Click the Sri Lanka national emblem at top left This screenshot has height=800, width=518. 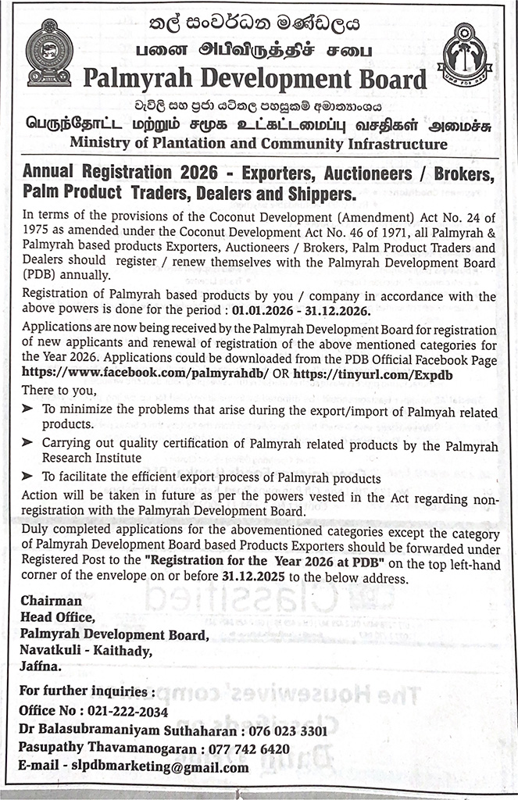click(49, 52)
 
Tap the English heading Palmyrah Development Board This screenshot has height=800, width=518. click(255, 79)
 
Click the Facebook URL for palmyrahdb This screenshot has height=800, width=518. click(145, 373)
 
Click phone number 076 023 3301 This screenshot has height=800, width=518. click(288, 730)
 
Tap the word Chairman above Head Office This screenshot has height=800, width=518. click(51, 602)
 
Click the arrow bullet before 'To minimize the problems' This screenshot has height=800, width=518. click(28, 409)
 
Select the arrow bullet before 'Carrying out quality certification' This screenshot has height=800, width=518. click(28, 442)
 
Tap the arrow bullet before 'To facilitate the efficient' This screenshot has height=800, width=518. click(28, 477)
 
